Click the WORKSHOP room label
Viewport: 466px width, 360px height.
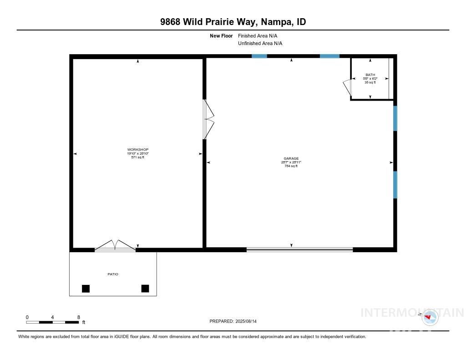(x=137, y=150)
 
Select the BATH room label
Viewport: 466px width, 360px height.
(x=370, y=75)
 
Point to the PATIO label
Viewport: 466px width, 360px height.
(x=112, y=274)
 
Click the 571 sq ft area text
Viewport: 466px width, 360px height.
(x=137, y=157)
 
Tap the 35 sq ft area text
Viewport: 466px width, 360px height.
(x=370, y=82)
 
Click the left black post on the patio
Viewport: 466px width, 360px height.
(x=86, y=288)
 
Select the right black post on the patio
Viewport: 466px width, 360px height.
(x=145, y=288)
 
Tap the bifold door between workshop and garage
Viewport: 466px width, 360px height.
(x=207, y=119)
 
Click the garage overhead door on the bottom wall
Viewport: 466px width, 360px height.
(x=299, y=249)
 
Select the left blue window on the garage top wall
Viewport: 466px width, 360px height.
(x=259, y=56)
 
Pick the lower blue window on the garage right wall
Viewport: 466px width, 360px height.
(x=395, y=185)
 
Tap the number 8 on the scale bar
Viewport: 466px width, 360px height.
(x=79, y=317)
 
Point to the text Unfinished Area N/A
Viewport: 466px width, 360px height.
(x=260, y=44)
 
